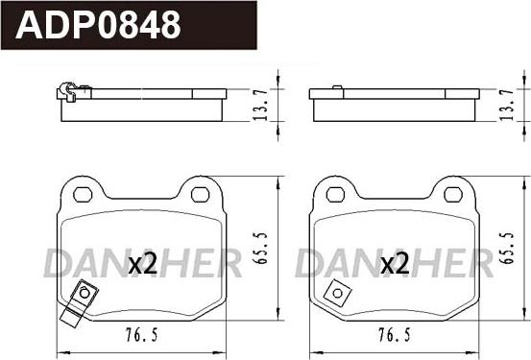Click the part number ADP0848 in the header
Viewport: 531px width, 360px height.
click(98, 25)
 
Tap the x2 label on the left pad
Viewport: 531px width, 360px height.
click(142, 264)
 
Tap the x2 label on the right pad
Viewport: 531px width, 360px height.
click(395, 264)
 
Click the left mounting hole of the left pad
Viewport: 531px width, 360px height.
click(83, 195)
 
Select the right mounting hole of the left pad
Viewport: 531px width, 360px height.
click(200, 195)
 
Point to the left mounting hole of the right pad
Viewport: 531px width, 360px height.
click(335, 195)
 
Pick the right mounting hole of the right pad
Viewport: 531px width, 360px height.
click(453, 195)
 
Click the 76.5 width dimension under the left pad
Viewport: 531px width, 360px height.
click(142, 335)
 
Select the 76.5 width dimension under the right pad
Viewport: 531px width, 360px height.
click(395, 335)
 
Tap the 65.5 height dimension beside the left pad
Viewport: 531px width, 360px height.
click(260, 248)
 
